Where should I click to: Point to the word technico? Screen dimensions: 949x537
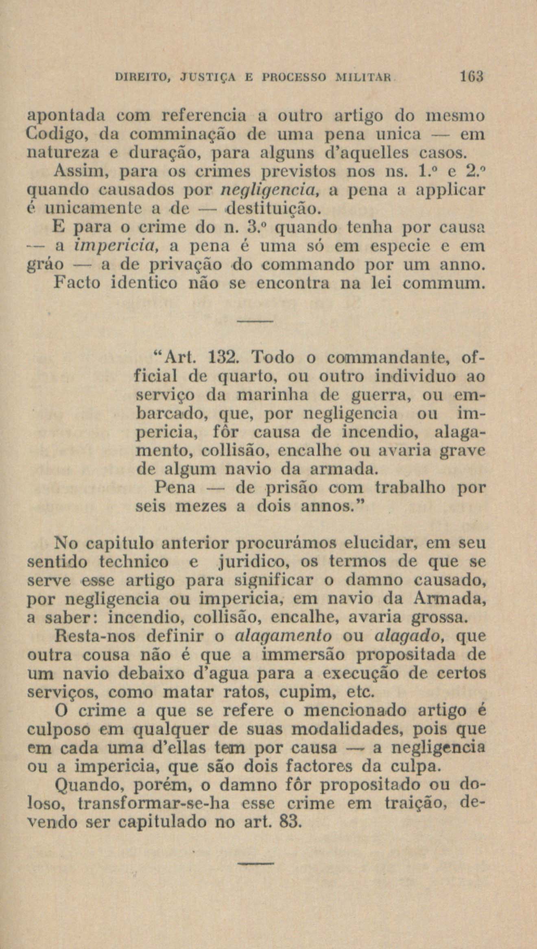(133, 562)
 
